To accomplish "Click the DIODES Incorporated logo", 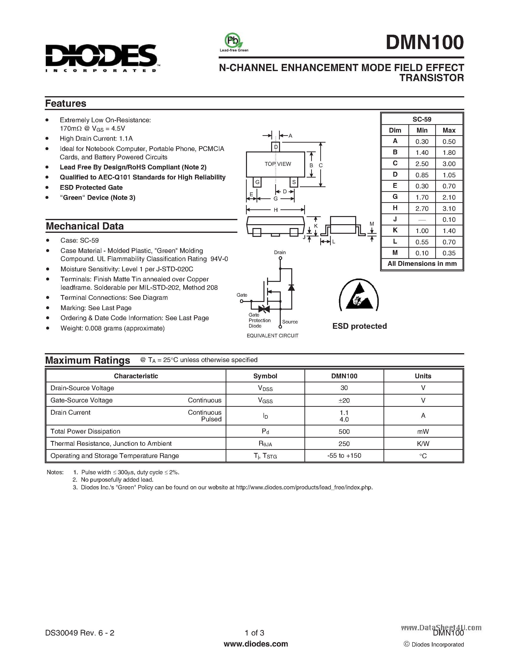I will click(101, 58).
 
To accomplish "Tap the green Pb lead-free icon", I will click(233, 40).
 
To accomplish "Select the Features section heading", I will click(65, 103).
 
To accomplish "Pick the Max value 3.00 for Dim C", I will click(449, 164).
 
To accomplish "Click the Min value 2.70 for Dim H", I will click(422, 208).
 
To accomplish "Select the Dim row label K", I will click(395, 230).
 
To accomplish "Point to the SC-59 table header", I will click(422, 119).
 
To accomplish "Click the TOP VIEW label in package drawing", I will click(278, 164).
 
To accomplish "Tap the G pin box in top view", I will click(257, 182).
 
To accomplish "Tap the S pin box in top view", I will click(294, 182).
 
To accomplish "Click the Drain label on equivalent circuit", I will click(280, 252).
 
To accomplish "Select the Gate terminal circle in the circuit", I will click(241, 301).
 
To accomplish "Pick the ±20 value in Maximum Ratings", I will click(344, 400).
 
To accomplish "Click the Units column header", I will click(423, 376).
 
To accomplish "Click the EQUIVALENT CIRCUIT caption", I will click(272, 336).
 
